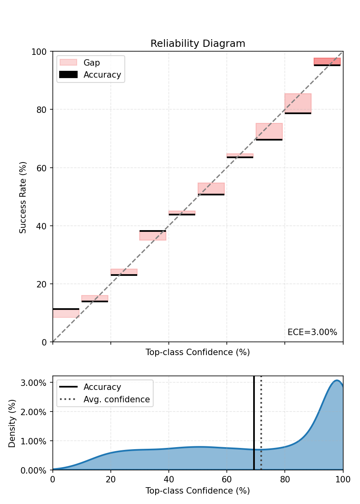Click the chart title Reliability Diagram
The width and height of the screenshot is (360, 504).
pyautogui.click(x=198, y=44)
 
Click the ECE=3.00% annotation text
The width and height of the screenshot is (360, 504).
pyautogui.click(x=312, y=332)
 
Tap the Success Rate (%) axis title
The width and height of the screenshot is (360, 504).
pyautogui.click(x=23, y=197)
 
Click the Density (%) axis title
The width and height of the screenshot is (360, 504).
pyautogui.click(x=12, y=423)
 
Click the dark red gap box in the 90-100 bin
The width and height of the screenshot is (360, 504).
pyautogui.click(x=327, y=61)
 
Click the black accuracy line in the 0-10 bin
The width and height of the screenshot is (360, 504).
pyautogui.click(x=66, y=309)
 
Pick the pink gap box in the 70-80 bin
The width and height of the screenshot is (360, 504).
pyautogui.click(x=269, y=131)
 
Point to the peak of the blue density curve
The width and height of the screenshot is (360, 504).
pyautogui.click(x=337, y=380)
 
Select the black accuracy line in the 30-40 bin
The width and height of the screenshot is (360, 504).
pyautogui.click(x=152, y=231)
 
